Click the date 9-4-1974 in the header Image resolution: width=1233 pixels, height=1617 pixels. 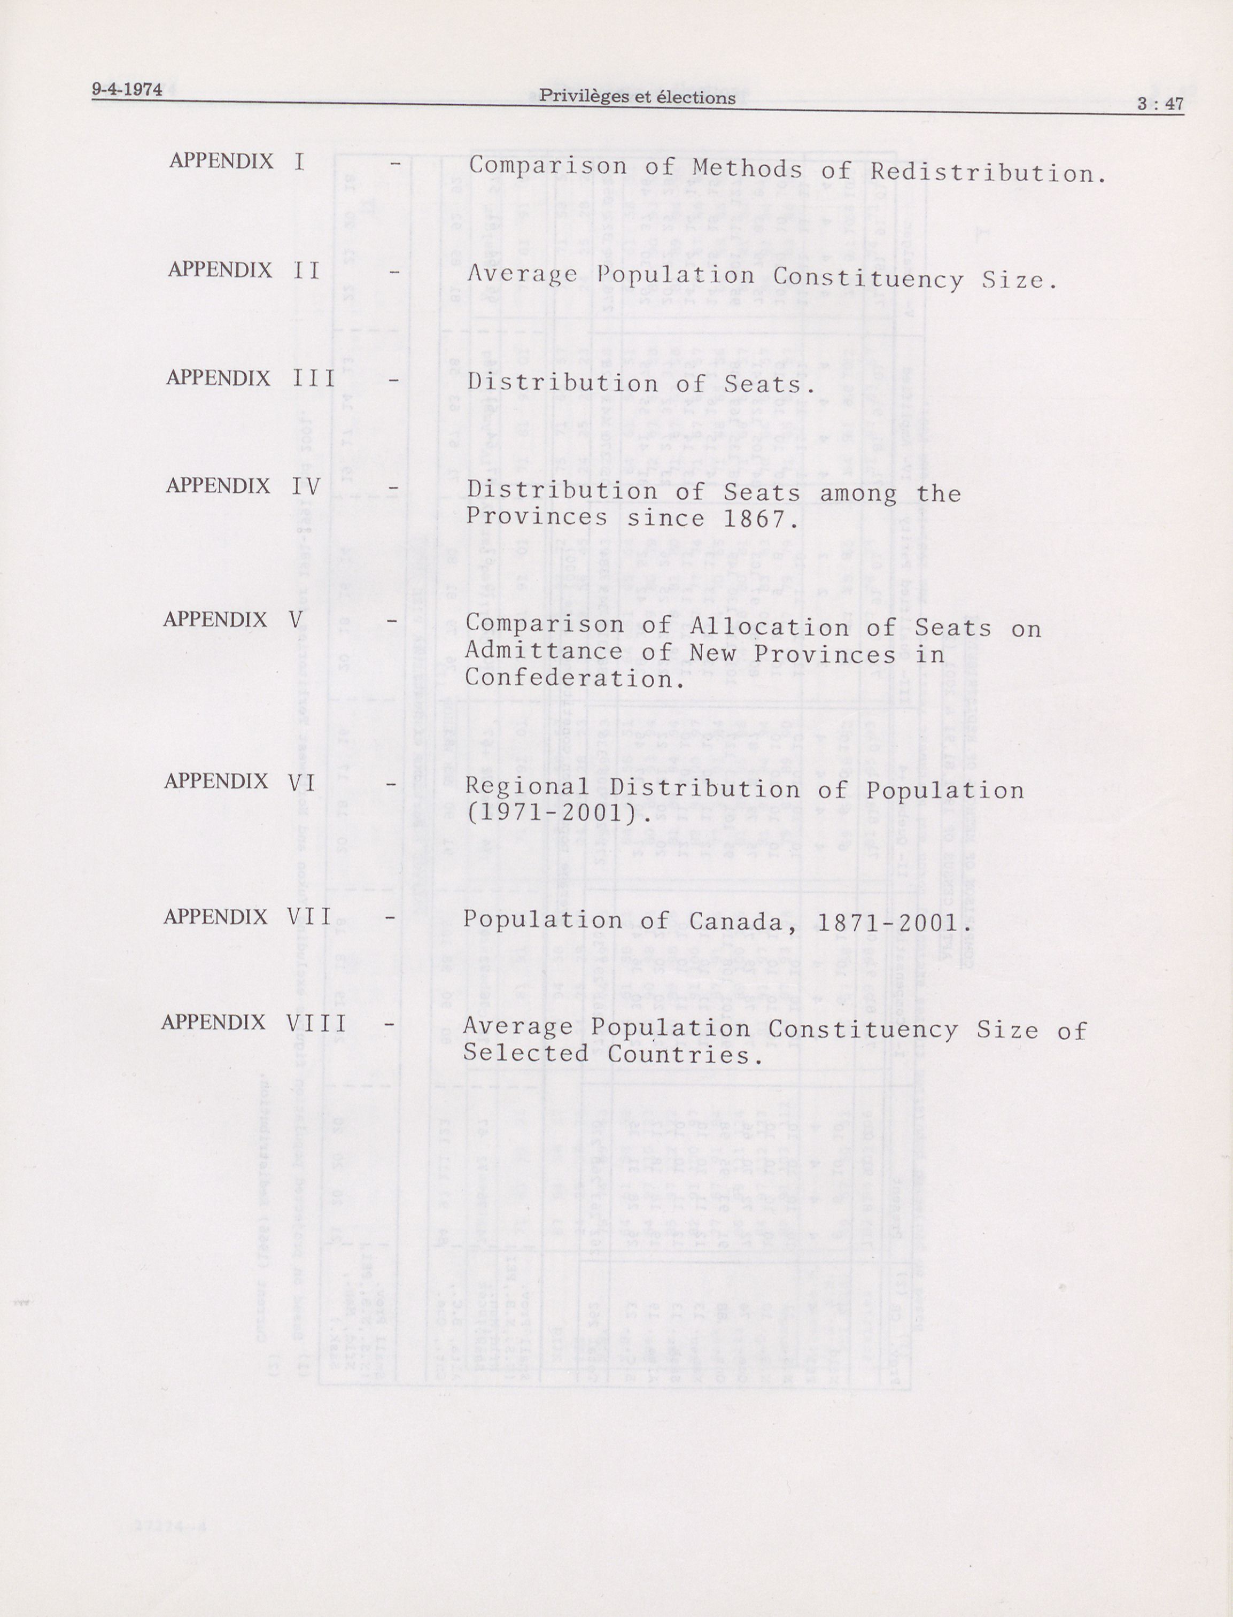[x=127, y=90]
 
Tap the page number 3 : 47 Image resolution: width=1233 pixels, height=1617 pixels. [x=1160, y=104]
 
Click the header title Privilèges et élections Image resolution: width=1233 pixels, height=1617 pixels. [x=637, y=97]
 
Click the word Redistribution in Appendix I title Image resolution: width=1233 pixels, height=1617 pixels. [x=988, y=173]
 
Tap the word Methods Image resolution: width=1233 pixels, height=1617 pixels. [x=747, y=169]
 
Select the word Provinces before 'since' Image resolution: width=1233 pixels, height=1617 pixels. [x=537, y=517]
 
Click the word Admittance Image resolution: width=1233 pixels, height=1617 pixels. [x=544, y=651]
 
